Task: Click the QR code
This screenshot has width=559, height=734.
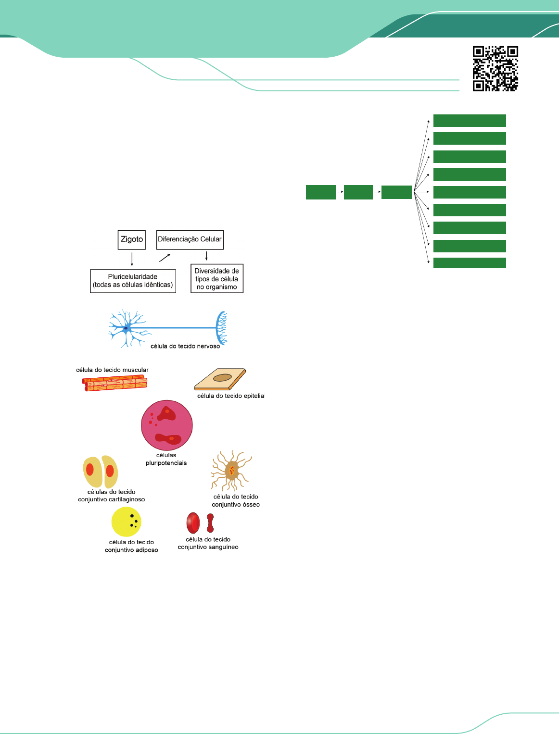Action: coord(495,68)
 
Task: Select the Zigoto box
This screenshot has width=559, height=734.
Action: coord(131,239)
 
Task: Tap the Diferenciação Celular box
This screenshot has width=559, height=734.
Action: coord(190,239)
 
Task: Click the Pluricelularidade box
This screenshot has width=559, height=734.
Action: coord(133,281)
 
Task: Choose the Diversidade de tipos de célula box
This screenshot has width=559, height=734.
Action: coord(216,279)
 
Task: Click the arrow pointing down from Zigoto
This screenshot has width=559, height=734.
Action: coord(132,259)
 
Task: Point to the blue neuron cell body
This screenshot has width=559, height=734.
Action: coord(126,328)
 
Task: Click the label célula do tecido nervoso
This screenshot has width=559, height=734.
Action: coord(185,346)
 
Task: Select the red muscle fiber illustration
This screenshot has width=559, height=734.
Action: coord(115,383)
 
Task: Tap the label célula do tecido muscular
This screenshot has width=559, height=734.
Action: coord(112,370)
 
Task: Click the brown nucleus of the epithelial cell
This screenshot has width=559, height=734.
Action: coord(222,378)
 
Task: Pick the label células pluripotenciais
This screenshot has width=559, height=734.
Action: coord(166,459)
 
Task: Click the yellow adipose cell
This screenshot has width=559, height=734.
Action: coord(126,522)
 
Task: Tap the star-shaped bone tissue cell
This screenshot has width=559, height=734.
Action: coord(231,471)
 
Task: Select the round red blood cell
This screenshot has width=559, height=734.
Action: coord(193,523)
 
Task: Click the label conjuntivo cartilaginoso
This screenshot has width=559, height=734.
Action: coord(111,499)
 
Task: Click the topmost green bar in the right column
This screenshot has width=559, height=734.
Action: coord(470,121)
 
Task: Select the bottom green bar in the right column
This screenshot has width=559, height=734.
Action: coord(470,263)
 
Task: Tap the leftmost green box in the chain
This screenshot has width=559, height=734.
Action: coord(321,192)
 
